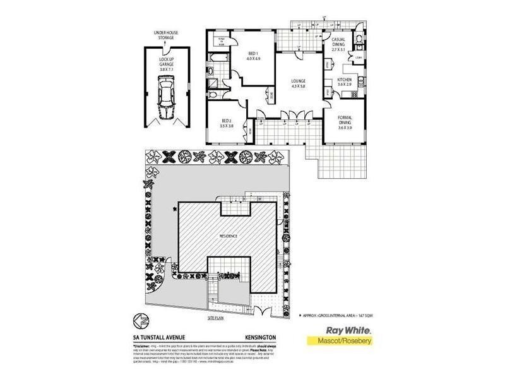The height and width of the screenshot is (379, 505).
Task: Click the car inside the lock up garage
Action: coord(165,97)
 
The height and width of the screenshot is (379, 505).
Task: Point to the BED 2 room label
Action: coord(227,124)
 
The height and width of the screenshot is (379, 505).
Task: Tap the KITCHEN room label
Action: coord(345,81)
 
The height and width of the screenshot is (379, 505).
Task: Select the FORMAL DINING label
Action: coord(345,123)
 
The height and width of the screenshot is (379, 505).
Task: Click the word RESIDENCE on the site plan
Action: coord(228,236)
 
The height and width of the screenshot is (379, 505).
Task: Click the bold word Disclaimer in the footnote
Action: coord(144,346)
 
